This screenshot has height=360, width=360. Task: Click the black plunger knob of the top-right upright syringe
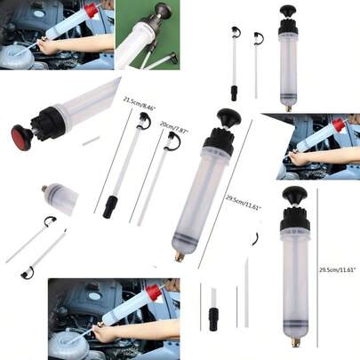point(288,12)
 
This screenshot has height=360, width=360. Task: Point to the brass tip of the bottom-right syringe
point(293,341)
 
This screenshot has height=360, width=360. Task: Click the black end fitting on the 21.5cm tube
point(109,211)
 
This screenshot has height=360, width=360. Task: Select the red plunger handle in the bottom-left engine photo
point(154,291)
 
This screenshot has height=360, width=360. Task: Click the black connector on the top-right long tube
point(234,92)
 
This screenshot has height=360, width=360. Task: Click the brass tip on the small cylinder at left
point(44,188)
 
